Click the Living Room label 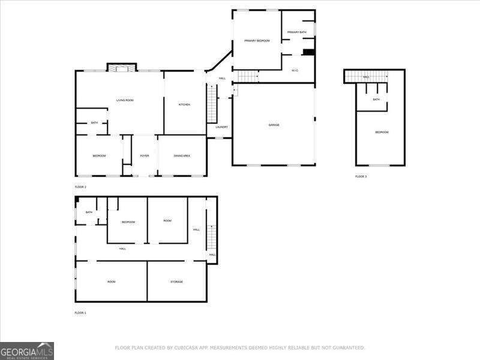pos(125,100)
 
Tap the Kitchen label pos(184,105)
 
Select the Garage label pos(274,125)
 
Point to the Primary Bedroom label pos(257,41)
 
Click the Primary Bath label pos(297,32)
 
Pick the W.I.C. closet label pos(295,70)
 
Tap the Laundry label pos(221,127)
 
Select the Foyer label pos(145,156)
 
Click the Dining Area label pos(182,156)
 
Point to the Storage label pos(176,281)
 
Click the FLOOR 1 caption pos(80,313)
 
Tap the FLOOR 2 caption pos(80,187)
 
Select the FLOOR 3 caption pos(361,176)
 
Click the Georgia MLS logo pos(27,350)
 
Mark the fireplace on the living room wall pos(122,67)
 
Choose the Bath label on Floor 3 pos(376,100)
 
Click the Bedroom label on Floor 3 pos(382,132)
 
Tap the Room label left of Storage pos(111,281)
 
